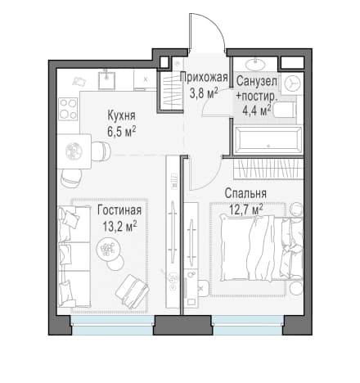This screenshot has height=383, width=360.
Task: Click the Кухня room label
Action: (121, 115)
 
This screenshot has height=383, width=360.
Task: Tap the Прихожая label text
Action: (204, 77)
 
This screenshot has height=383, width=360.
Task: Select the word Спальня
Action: (245, 193)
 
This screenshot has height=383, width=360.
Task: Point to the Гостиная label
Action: (119, 210)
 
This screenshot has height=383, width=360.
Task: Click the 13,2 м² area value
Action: (119, 226)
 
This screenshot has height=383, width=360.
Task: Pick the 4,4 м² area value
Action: (256, 110)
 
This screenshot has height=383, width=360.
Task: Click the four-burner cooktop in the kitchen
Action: (68, 109)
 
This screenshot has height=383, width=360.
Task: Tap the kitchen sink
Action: (106, 79)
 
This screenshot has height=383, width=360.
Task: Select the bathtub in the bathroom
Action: (269, 141)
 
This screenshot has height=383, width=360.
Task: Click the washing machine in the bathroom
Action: (292, 83)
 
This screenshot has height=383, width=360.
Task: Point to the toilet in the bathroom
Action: (286, 111)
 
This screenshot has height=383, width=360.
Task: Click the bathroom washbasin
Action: (255, 65)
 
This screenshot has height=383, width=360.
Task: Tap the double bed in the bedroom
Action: (261, 248)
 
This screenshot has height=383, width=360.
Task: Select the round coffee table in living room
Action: (109, 248)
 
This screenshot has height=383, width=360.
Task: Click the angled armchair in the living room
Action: (132, 291)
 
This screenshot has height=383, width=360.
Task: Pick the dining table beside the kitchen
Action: (74, 151)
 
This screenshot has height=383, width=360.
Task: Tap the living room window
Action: (113, 325)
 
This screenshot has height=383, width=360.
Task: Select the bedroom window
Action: (248, 325)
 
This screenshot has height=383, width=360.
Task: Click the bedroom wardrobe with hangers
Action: (268, 169)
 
